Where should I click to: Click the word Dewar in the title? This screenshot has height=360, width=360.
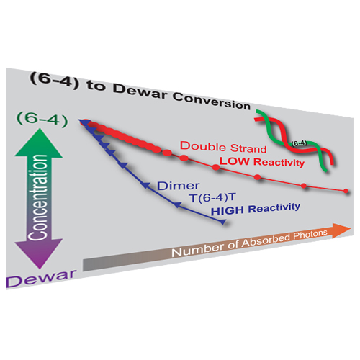[140, 91]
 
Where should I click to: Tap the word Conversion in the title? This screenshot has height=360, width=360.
[212, 102]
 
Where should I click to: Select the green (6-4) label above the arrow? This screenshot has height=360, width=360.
[42, 119]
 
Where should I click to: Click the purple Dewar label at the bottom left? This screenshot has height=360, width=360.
[41, 279]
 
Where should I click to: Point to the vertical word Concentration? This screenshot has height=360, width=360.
[37, 197]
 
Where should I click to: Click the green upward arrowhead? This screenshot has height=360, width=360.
[39, 143]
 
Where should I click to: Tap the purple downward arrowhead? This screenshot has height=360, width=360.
[39, 254]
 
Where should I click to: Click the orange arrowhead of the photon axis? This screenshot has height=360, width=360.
[341, 230]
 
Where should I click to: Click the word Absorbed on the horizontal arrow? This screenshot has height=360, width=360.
[266, 242]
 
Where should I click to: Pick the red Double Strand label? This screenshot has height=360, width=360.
[223, 147]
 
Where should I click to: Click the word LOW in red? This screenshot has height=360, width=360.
[235, 161]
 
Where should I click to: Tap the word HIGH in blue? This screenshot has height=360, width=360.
[228, 211]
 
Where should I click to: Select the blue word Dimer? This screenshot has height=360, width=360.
[179, 186]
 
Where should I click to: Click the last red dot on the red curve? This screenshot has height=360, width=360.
[346, 191]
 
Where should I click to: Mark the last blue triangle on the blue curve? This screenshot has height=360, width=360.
[222, 222]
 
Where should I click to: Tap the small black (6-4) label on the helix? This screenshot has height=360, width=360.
[299, 143]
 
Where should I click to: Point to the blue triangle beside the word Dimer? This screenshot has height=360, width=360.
[145, 185]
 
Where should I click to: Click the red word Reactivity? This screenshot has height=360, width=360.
[279, 163]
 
